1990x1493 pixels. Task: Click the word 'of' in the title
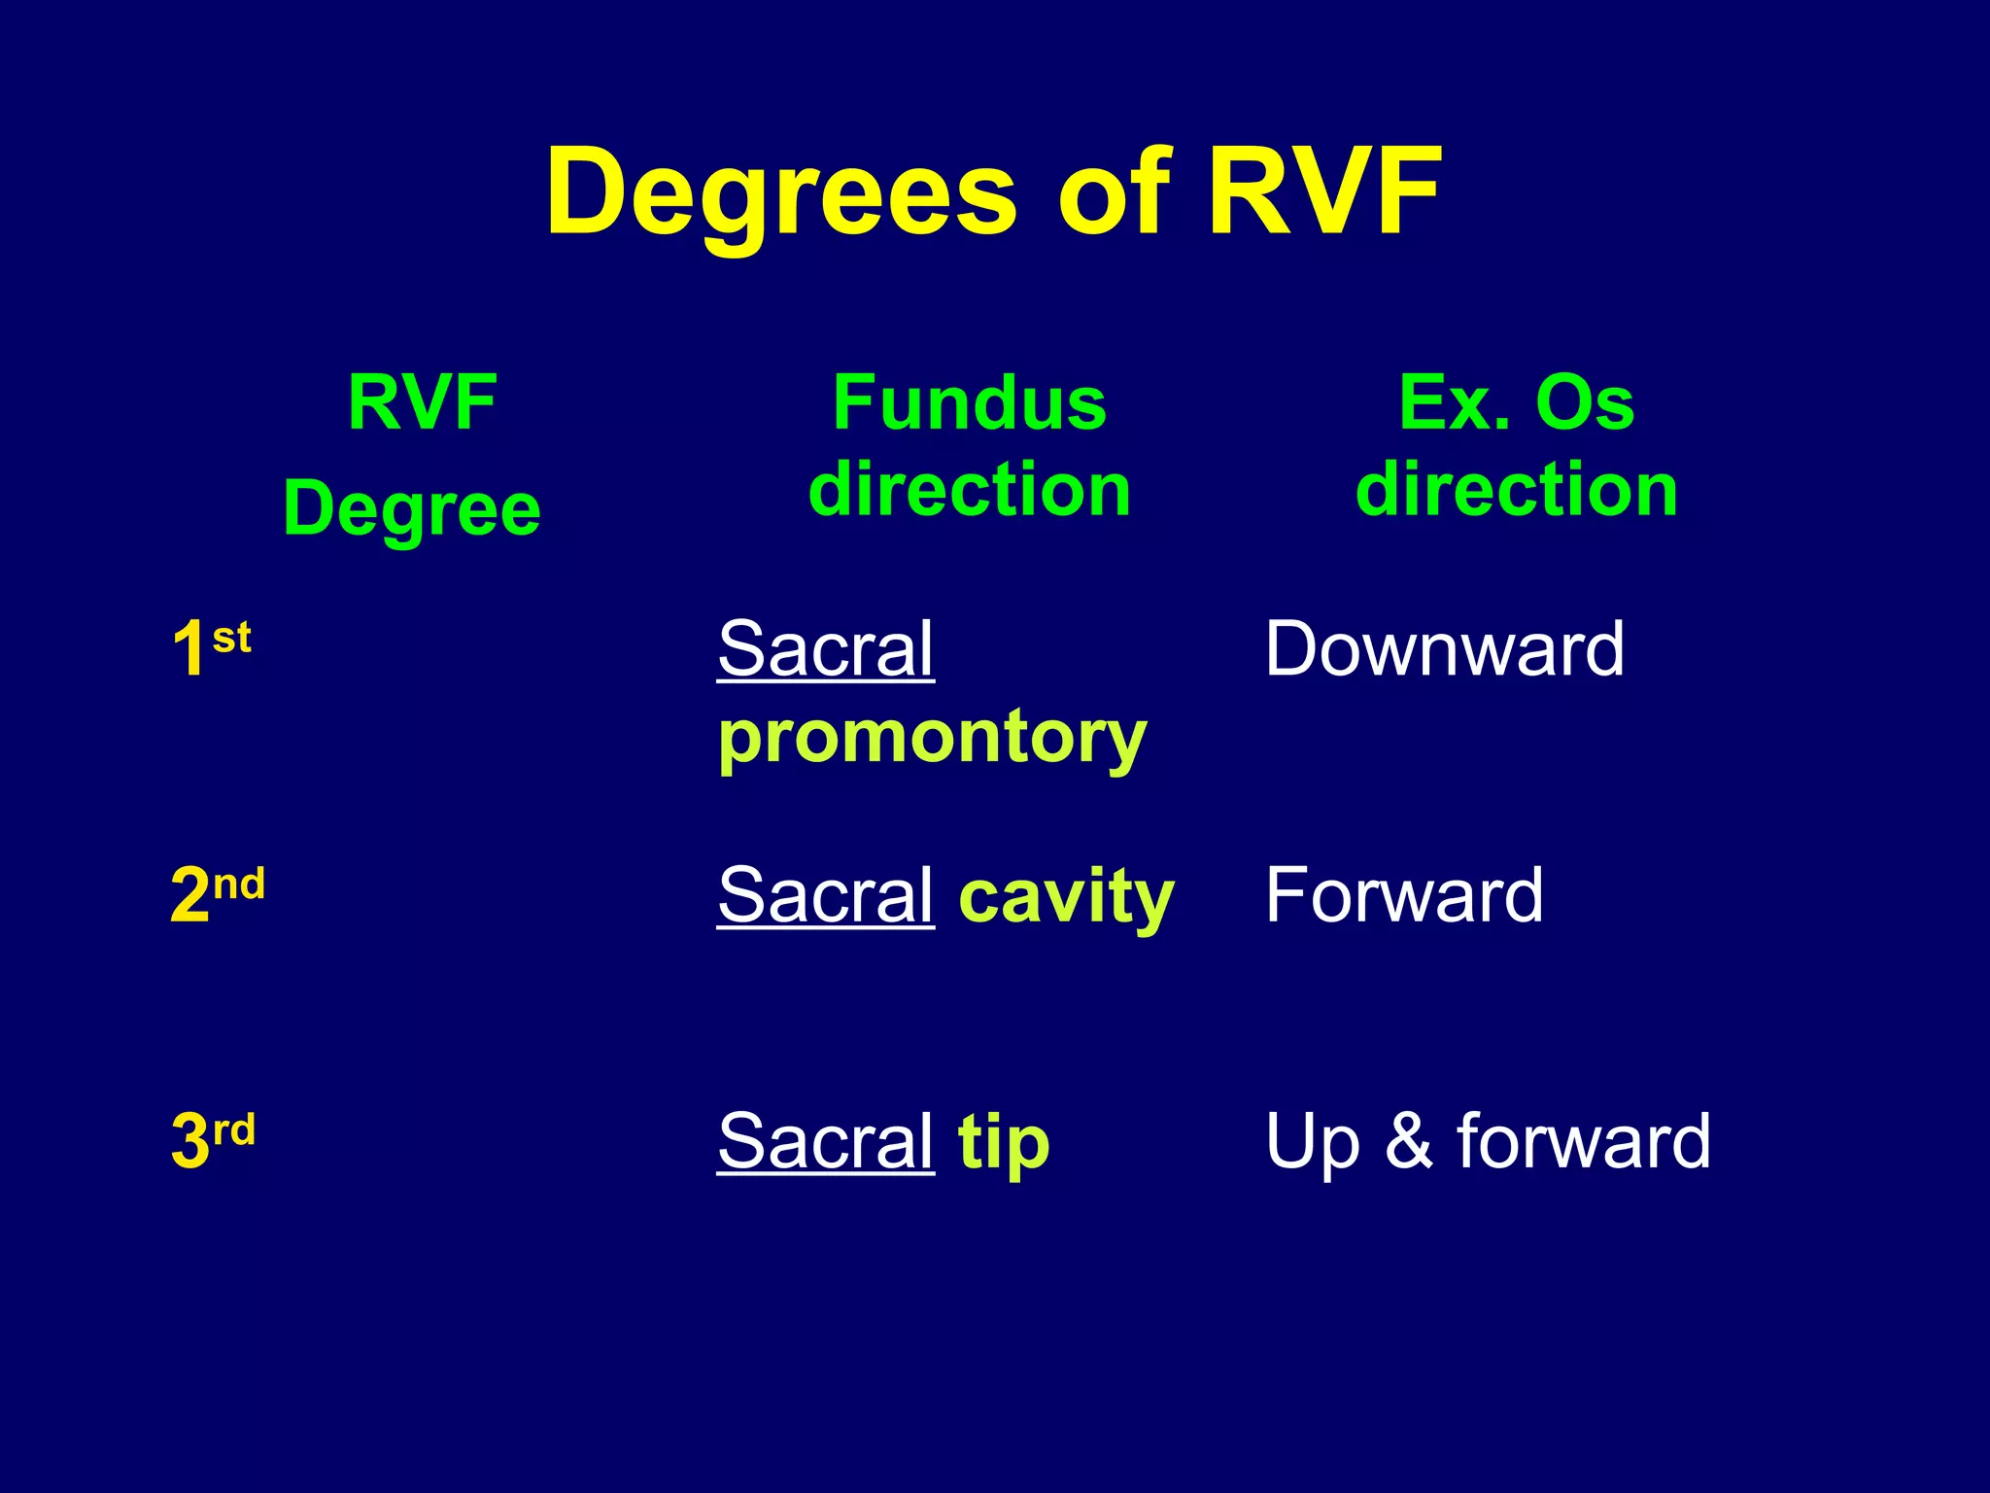pos(1115,192)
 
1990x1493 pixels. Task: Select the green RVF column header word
pos(423,403)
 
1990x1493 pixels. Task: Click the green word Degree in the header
pos(412,510)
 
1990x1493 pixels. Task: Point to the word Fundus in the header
pos(969,403)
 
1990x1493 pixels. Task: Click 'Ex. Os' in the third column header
pos(1516,403)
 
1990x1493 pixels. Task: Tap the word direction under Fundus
pos(969,489)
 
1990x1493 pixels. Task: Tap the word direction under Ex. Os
pos(1516,489)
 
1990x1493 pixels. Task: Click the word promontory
pos(932,739)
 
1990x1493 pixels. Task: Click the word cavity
pos(1066,896)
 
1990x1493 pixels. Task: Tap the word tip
pos(1003,1142)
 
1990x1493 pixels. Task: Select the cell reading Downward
pos(1443,648)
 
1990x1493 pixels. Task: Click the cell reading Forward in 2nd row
pos(1403,894)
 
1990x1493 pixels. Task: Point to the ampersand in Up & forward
pos(1408,1140)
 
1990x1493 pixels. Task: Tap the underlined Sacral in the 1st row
pos(825,648)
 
